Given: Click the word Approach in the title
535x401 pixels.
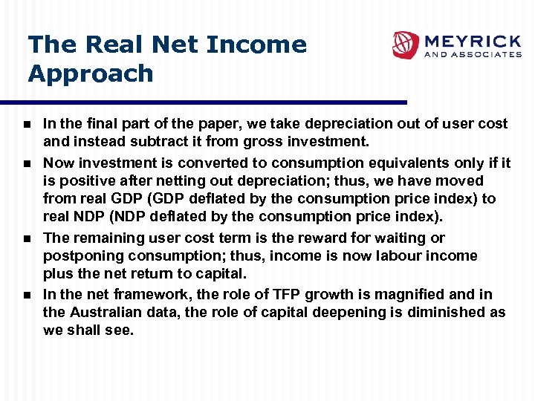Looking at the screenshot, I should [91, 74].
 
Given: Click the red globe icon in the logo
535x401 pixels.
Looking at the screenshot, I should [406, 45].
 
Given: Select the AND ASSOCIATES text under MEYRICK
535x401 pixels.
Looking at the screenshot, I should [473, 54].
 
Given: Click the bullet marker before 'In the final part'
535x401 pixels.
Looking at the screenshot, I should [27, 124].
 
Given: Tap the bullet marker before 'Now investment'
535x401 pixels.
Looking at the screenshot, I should [27, 163].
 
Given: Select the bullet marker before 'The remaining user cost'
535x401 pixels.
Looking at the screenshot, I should [27, 239].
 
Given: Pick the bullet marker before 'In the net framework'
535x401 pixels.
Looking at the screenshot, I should [27, 296].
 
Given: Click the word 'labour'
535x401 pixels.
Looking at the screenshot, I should [385, 256].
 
